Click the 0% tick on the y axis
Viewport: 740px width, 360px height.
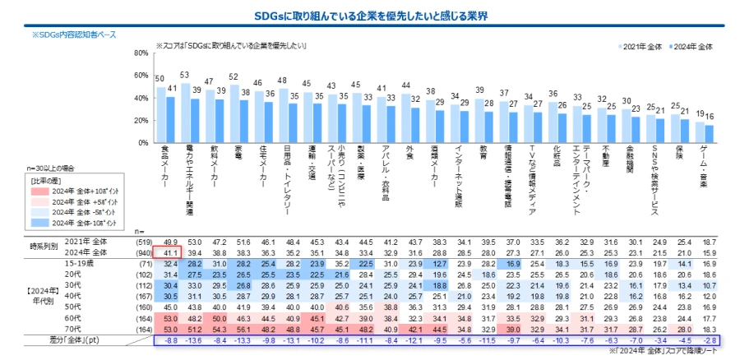[142, 143]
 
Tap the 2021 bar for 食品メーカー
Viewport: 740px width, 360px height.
[161, 115]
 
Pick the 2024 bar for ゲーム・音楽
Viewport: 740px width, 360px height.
[710, 134]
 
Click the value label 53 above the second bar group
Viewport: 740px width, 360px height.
[185, 76]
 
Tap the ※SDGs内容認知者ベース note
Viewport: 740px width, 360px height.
[75, 35]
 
